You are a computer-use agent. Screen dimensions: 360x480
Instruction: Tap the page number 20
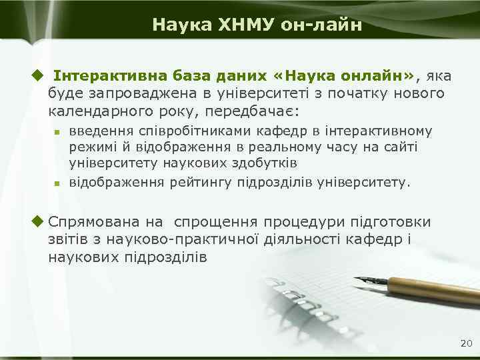(465, 343)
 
